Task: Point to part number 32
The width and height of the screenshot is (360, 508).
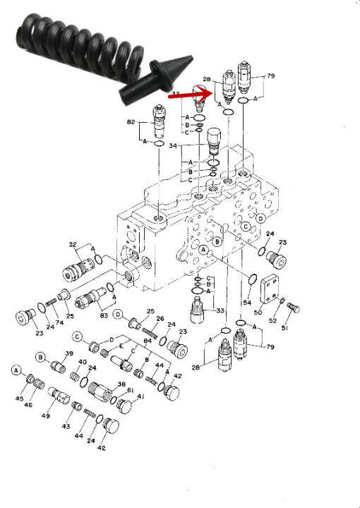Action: pos(72,245)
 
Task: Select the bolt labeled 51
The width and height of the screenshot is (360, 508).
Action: pos(294,308)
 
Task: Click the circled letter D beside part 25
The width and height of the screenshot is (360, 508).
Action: pos(118,314)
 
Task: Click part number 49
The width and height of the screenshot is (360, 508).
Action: pos(45,416)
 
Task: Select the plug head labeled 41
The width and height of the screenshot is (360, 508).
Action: pos(122,405)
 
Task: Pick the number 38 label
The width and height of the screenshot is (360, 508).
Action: pos(121,385)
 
